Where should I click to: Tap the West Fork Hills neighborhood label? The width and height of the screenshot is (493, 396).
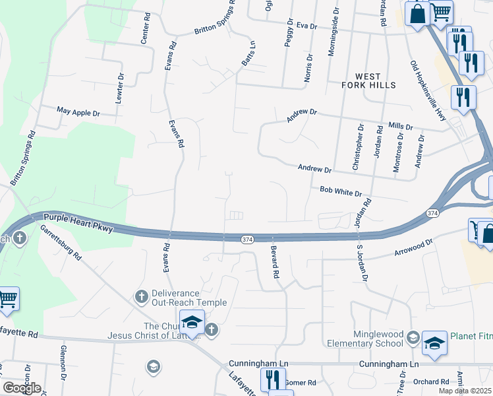point(369,81)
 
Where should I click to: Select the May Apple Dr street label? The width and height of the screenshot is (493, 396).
point(78,113)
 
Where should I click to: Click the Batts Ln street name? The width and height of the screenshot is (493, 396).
point(248,53)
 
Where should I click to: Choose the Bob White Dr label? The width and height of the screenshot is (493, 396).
point(341,192)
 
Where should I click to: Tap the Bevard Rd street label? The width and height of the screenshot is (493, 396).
point(274,261)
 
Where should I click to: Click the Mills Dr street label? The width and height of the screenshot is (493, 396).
point(400,126)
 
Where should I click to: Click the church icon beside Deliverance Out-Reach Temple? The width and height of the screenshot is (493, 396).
point(140,297)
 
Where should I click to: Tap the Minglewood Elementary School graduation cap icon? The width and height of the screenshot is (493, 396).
point(413,339)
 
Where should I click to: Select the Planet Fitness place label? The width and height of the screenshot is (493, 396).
point(471,335)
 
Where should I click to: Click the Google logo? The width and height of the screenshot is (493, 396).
point(22,388)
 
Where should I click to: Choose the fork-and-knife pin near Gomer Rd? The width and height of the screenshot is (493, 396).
point(270,379)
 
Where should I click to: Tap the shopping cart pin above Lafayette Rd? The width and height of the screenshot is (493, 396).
point(8,298)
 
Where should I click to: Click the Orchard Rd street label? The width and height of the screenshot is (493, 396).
point(432,382)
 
